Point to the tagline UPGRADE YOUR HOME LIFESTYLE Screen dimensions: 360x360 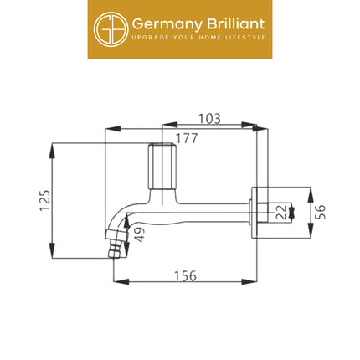(x=198, y=38)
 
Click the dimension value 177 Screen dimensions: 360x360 (x=187, y=138)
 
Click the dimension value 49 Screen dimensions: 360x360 (x=138, y=236)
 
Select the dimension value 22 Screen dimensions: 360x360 (x=281, y=211)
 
